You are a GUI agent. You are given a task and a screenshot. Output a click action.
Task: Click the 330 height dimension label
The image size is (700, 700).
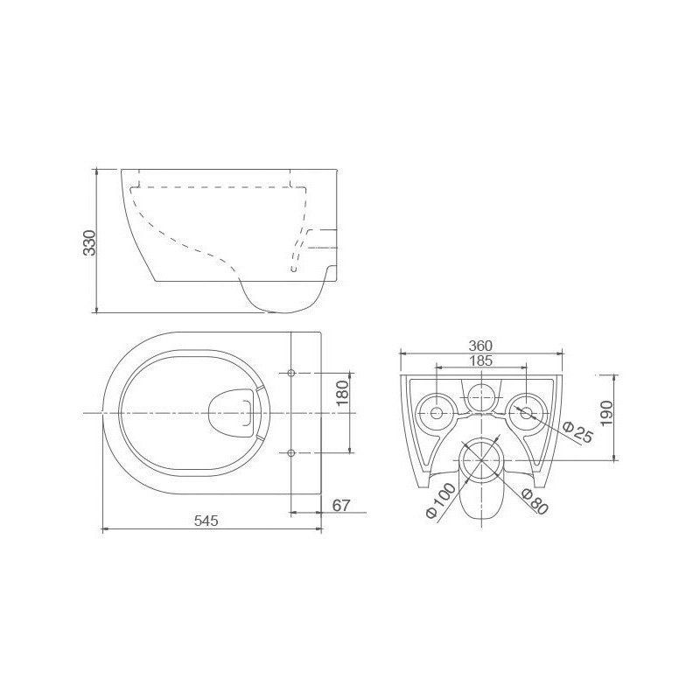pyautogui.click(x=89, y=242)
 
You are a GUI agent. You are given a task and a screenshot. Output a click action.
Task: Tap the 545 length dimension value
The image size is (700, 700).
pyautogui.click(x=206, y=521)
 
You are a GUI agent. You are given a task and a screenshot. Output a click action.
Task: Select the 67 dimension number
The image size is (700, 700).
pyautogui.click(x=341, y=506)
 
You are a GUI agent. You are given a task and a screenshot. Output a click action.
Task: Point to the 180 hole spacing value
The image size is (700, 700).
pyautogui.click(x=342, y=393)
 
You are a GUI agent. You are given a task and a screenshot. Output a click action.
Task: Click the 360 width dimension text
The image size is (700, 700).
pyautogui.click(x=480, y=346)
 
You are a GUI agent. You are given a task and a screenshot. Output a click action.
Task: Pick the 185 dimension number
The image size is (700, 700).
pyautogui.click(x=481, y=360)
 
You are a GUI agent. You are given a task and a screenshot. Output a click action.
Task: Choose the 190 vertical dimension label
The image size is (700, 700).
pyautogui.click(x=607, y=413)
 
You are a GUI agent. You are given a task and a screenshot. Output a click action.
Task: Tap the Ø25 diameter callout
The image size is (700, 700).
pyautogui.click(x=577, y=431)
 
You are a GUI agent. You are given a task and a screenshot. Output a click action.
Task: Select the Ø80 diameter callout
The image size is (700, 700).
pyautogui.click(x=535, y=501)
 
